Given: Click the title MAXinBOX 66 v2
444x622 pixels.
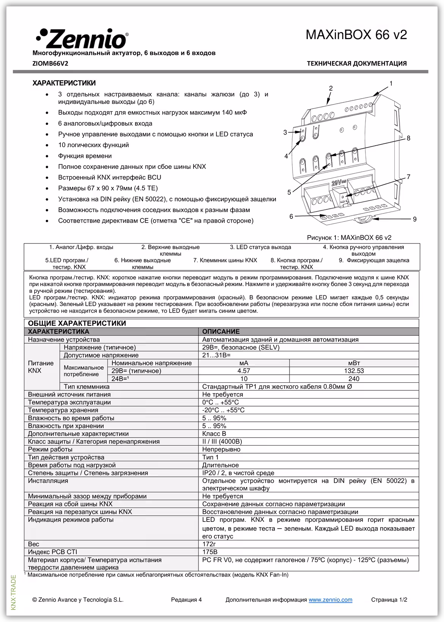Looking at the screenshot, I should (356, 35).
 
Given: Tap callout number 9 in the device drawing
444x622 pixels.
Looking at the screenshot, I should (414, 219).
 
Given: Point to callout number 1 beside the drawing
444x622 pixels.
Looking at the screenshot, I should (391, 83).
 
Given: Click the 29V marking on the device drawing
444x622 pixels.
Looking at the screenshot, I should (337, 182).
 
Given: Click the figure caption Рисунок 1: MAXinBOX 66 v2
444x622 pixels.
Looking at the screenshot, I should (349, 238).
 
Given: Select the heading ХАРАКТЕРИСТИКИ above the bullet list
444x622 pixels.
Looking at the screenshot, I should (64, 83).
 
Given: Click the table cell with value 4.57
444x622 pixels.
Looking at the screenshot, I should (244, 371).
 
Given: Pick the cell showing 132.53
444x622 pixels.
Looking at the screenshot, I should (354, 371).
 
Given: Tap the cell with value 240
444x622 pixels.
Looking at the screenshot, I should (354, 379).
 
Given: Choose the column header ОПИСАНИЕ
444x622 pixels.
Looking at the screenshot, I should (221, 331).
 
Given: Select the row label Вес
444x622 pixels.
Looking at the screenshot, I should (34, 544).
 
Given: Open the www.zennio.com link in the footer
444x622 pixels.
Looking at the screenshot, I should (330, 600).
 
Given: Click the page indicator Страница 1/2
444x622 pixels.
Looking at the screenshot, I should (389, 600).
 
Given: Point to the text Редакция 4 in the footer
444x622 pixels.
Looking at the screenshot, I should (186, 600).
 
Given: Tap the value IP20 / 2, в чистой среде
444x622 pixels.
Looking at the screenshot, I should (238, 473).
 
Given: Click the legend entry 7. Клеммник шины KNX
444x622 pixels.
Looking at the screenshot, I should (225, 260).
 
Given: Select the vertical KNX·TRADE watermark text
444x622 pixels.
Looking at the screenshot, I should (14, 592).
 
